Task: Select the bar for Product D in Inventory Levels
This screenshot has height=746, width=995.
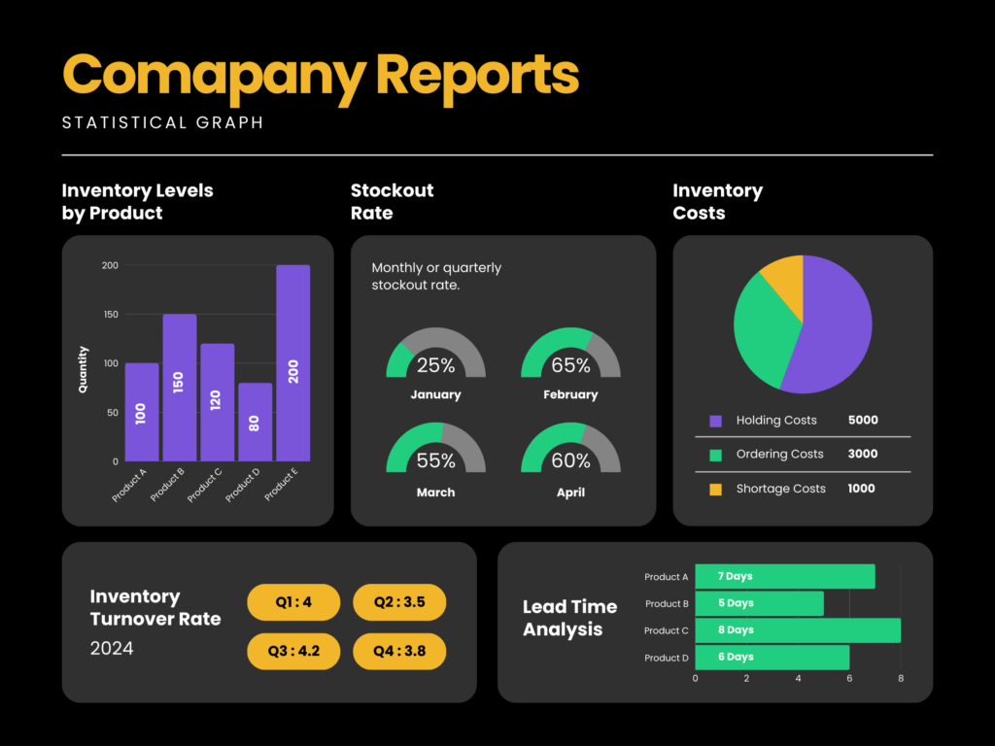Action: click(x=255, y=422)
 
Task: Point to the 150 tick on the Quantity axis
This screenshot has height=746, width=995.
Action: click(x=110, y=315)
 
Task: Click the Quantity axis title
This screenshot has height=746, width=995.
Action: click(x=84, y=369)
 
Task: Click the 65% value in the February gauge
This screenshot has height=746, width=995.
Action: click(x=570, y=366)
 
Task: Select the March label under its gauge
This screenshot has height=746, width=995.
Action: click(x=435, y=492)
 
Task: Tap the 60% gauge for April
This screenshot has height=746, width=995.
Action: click(x=570, y=451)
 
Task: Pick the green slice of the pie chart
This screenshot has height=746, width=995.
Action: click(x=763, y=335)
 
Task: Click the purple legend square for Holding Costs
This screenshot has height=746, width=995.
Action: click(x=716, y=421)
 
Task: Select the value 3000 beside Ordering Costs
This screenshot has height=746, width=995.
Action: click(x=863, y=455)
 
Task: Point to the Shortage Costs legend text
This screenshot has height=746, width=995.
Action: click(x=780, y=489)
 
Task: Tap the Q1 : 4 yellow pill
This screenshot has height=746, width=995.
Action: click(x=293, y=602)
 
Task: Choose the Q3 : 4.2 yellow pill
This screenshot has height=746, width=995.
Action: click(x=293, y=651)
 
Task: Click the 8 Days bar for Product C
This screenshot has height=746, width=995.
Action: click(x=797, y=630)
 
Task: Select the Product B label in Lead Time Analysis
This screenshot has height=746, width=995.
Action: click(x=667, y=604)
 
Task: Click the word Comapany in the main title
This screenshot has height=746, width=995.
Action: click(x=215, y=75)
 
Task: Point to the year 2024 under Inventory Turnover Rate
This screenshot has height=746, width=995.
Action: click(x=112, y=648)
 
